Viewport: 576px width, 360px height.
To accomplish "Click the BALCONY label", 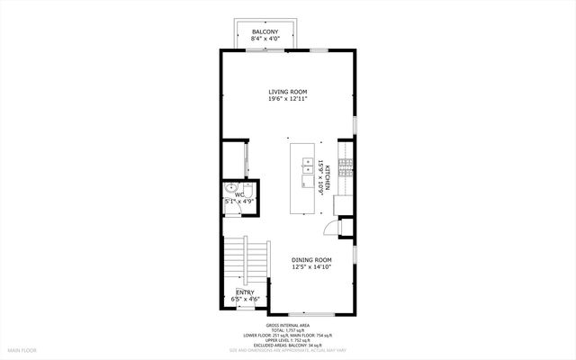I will [x=265, y=31].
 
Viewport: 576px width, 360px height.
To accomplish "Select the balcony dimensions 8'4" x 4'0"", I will [x=265, y=39].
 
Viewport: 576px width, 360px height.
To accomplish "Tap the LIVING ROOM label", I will [x=288, y=92].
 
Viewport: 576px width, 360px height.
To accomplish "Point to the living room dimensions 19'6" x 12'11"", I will [x=288, y=99].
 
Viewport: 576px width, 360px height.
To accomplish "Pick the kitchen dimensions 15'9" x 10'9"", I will [x=321, y=176].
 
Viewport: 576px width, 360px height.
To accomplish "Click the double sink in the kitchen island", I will [x=309, y=167].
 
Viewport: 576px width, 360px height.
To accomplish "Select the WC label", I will [x=240, y=193].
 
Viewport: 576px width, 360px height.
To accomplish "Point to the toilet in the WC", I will [x=249, y=192].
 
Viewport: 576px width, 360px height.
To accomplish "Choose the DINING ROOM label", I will [x=312, y=260].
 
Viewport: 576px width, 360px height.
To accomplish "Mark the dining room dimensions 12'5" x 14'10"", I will [x=312, y=267].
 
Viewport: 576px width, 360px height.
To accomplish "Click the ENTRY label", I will [x=245, y=292].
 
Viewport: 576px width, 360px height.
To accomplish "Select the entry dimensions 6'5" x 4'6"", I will [x=245, y=299].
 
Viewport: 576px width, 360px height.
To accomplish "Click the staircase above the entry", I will [x=245, y=261].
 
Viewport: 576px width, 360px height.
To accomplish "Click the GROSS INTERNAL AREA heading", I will [x=288, y=325].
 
